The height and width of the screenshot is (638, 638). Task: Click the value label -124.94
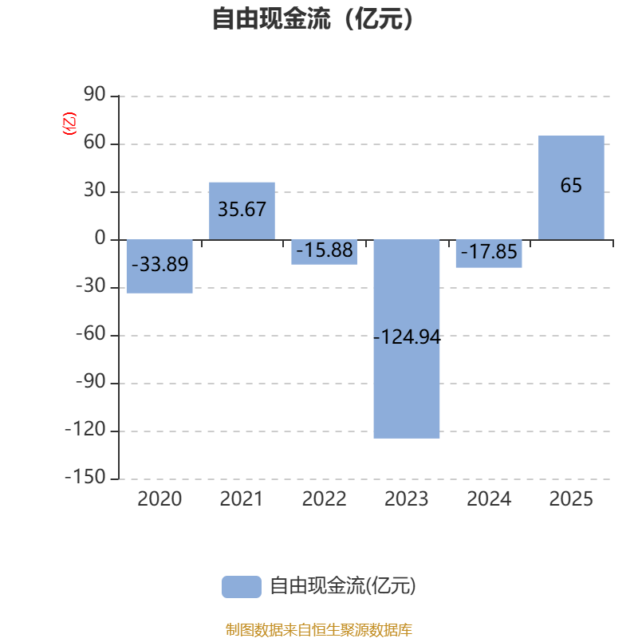[x=407, y=337]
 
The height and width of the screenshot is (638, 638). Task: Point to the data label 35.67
[x=242, y=210]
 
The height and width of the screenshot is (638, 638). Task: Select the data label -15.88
[x=325, y=250]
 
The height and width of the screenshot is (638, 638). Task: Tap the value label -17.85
[x=489, y=254]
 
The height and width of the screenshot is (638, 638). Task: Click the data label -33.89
[x=159, y=264]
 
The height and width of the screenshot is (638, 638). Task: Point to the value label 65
[x=571, y=186]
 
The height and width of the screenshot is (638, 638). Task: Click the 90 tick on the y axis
[x=95, y=96]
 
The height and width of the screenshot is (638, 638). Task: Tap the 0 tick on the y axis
[x=100, y=239]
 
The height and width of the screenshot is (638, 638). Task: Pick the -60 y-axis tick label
[x=90, y=335]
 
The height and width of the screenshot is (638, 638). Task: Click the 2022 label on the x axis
[x=325, y=499]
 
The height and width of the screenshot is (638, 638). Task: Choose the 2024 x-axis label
[x=489, y=499]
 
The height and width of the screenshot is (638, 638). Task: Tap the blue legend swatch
[x=241, y=586]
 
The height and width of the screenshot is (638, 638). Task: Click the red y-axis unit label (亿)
[x=69, y=124]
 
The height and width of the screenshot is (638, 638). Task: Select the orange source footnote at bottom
[x=319, y=630]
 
